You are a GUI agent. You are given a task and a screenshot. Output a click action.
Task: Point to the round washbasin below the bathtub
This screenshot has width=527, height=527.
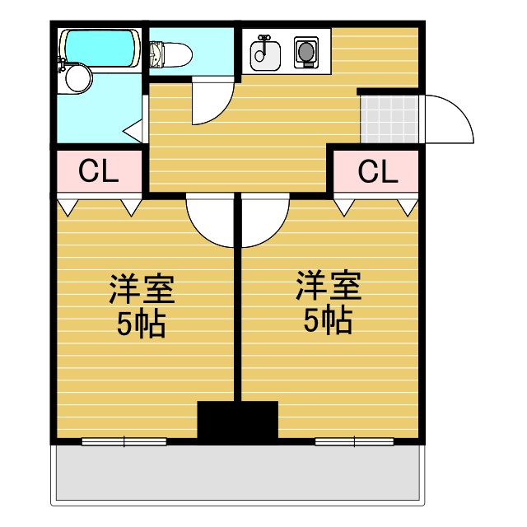pos(77,78)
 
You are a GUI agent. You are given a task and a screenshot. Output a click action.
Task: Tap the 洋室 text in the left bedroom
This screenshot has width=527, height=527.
pos(142,290)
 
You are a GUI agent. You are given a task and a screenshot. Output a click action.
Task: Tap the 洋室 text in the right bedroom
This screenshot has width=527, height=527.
pos(329,287)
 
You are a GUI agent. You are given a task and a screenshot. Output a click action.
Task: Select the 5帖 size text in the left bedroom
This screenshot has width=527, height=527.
pos(142,324)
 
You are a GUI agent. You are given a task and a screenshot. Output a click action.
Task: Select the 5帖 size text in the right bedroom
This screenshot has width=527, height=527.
pos(329,320)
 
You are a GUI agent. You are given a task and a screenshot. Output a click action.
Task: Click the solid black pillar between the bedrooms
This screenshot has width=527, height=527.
pos(237,421)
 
